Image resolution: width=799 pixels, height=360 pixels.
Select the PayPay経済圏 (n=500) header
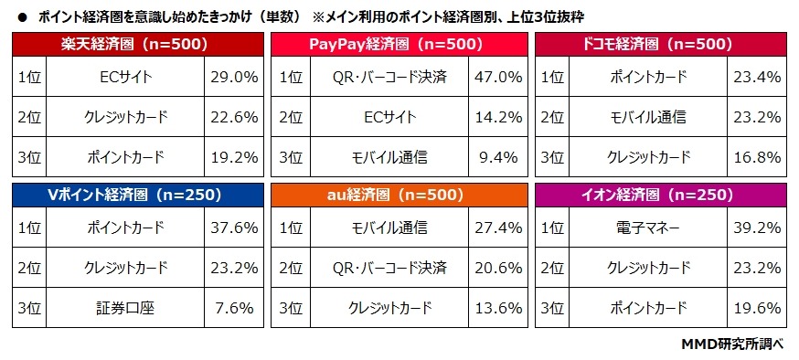[x=399, y=43]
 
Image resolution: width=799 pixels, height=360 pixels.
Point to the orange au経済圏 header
[x=399, y=195]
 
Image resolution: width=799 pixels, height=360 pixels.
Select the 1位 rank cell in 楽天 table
[x=28, y=78]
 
